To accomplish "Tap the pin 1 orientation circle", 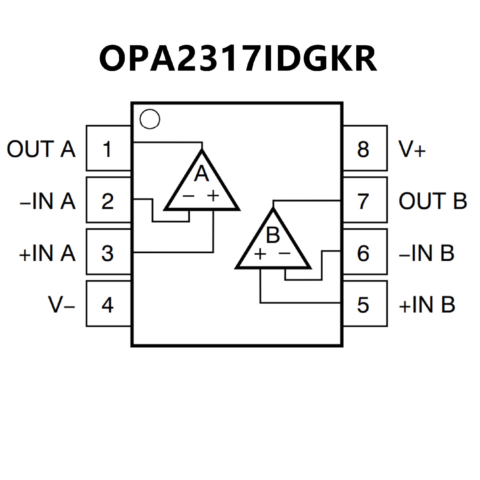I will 150,119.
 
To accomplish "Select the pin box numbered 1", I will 108,148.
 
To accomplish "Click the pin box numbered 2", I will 108,200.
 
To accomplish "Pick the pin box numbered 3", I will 108,252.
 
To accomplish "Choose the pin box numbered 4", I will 108,304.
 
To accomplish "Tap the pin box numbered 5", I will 365,304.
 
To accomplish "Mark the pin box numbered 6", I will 365,252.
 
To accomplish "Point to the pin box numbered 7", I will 365,200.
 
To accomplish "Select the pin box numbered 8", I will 365,148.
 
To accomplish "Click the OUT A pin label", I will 41,149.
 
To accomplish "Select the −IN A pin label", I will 47,201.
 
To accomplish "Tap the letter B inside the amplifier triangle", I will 273,235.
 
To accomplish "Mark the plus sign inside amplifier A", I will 213,196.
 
